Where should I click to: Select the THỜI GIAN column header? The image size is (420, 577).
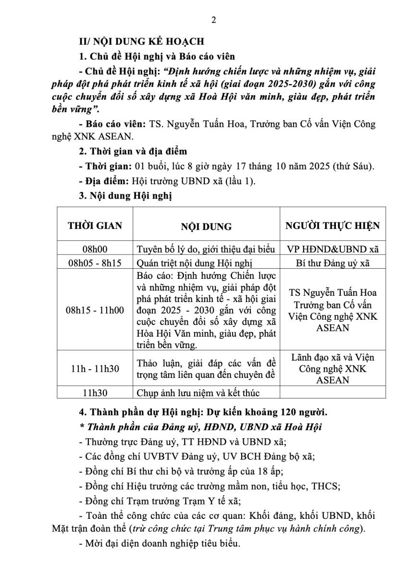[95, 226]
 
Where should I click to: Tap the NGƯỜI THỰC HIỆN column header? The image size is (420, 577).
[333, 226]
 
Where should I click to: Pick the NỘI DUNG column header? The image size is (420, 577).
[206, 226]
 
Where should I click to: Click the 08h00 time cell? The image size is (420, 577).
[95, 249]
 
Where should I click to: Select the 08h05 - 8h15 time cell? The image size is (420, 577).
[95, 263]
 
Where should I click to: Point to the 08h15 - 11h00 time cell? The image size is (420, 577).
[95, 310]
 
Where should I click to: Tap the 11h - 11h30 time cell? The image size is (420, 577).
[95, 368]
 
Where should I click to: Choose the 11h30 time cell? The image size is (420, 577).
[95, 392]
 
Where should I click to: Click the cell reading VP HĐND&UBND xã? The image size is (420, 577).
[333, 249]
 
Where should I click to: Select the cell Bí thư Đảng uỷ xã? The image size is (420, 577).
[333, 263]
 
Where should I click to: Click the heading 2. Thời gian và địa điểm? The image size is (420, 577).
[132, 152]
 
